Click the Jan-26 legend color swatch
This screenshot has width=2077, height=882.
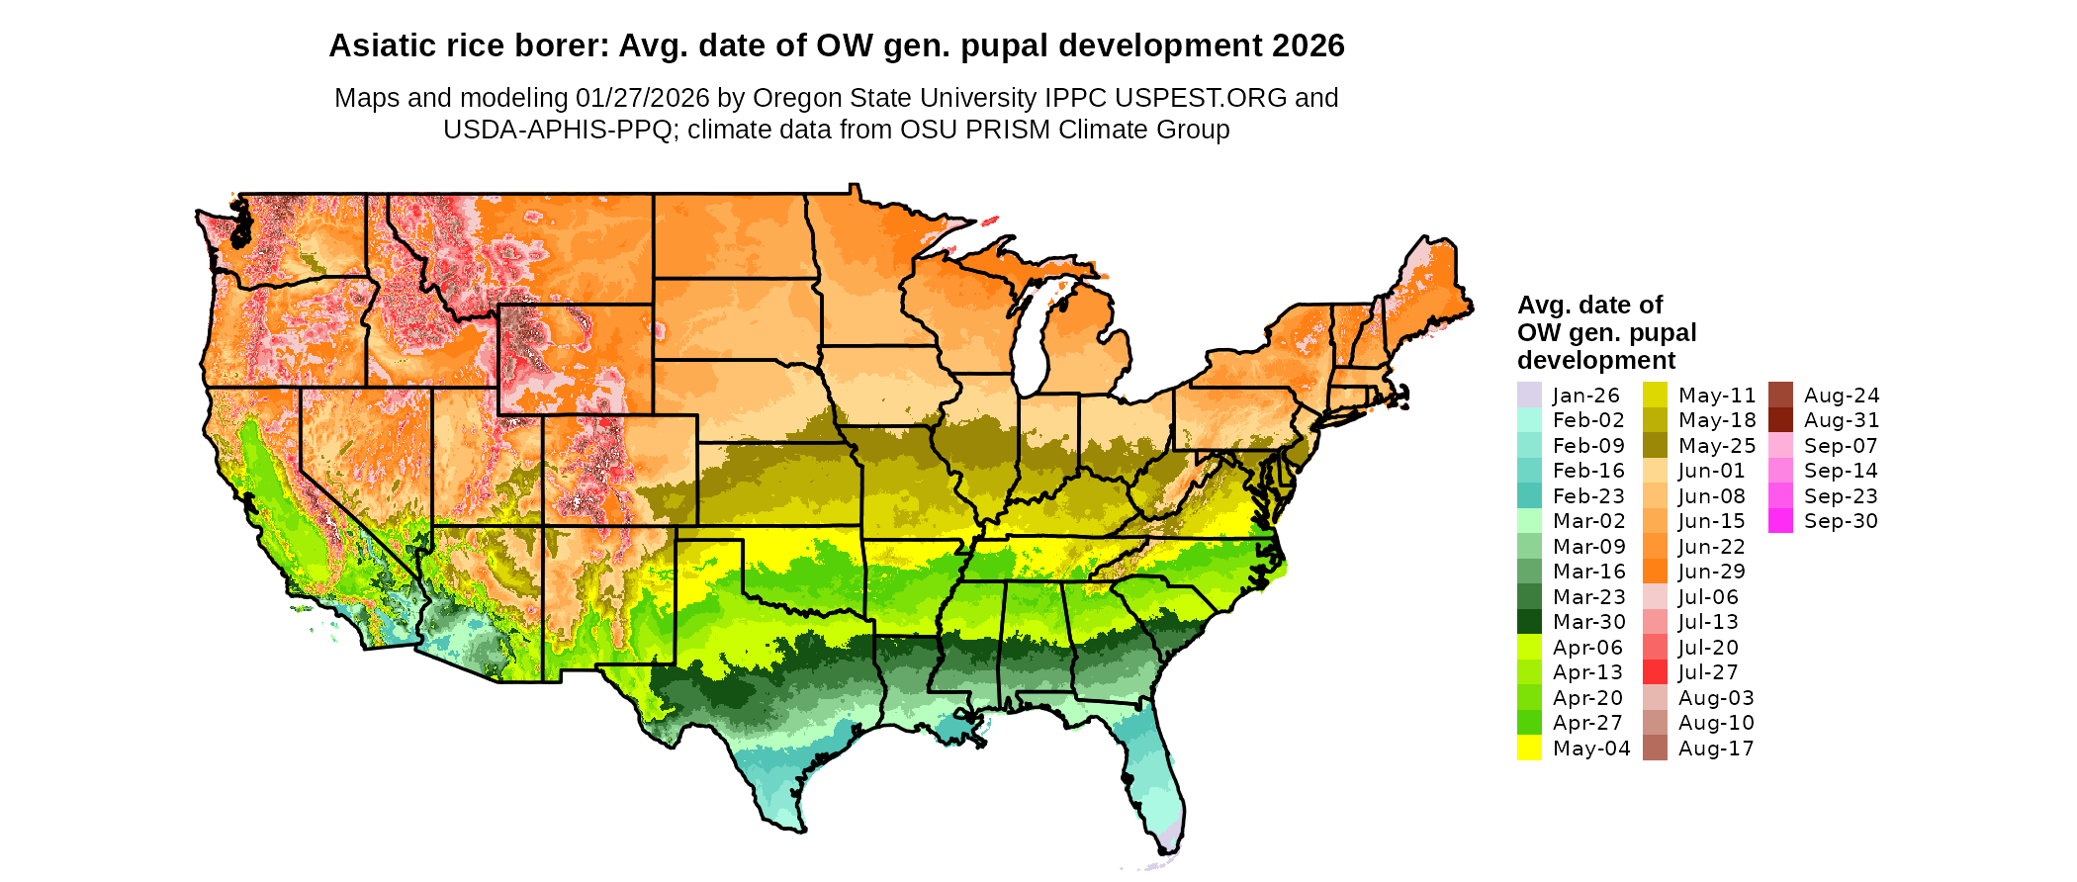(1529, 395)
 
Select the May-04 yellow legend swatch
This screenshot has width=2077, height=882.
(1529, 749)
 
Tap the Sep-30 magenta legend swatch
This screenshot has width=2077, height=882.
(1780, 521)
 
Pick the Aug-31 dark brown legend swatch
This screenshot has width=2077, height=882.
(1780, 420)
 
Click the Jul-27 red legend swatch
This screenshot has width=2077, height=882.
(1655, 672)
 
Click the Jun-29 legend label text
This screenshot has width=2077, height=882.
(1712, 572)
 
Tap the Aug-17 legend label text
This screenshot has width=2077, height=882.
(1716, 749)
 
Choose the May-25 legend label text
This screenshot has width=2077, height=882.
(1717, 446)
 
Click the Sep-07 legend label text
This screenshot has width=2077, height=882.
(1841, 446)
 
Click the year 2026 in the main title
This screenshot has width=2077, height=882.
(1308, 46)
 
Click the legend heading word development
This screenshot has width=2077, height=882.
(1596, 360)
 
